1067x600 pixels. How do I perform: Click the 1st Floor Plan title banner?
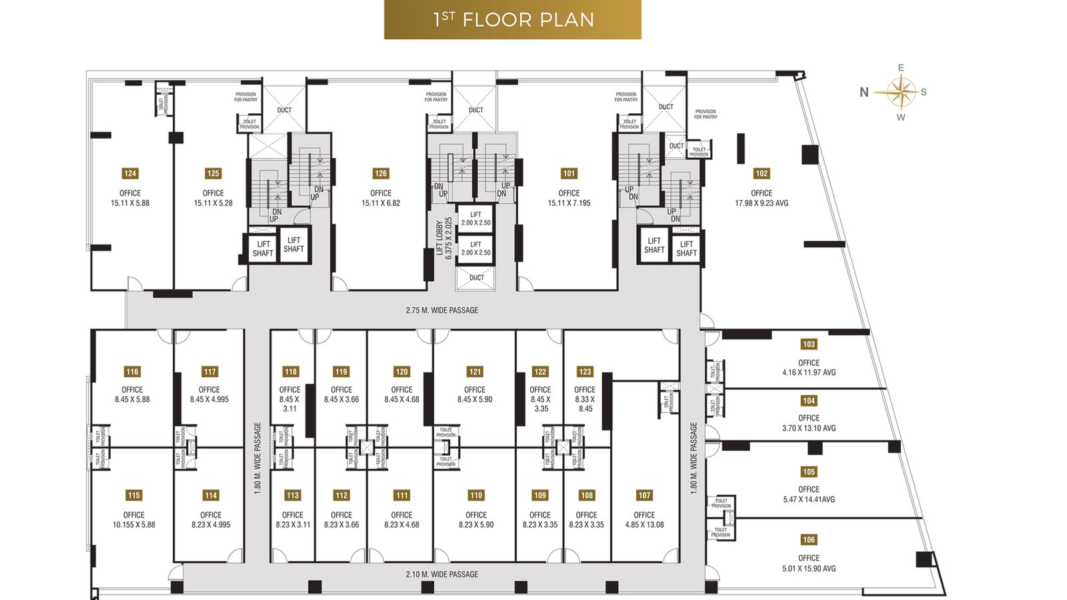[x=512, y=19]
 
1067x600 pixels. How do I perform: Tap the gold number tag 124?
[x=130, y=173]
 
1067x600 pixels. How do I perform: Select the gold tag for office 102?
[x=762, y=173]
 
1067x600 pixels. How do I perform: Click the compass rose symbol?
[x=901, y=92]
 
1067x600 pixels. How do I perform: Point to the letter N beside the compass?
[x=864, y=93]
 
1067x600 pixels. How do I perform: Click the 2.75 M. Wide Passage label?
[x=441, y=310]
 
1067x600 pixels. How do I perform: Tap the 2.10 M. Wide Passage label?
[x=441, y=574]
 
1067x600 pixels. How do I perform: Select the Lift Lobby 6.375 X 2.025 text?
[x=444, y=238]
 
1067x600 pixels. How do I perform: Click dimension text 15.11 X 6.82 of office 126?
[x=381, y=203]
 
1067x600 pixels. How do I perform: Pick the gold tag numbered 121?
[x=475, y=372]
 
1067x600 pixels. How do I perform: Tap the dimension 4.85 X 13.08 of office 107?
[x=644, y=525]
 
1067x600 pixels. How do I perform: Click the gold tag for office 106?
[x=809, y=540]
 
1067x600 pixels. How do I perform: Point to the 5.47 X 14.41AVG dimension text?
[x=809, y=499]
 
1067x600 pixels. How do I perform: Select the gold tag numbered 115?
[x=133, y=495]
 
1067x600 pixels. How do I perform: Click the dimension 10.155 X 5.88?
[x=133, y=525]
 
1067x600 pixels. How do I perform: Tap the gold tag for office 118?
[x=290, y=372]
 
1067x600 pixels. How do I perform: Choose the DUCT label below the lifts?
[x=476, y=277]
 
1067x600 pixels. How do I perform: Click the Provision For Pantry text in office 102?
[x=705, y=114]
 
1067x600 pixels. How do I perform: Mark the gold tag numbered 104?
[x=809, y=401]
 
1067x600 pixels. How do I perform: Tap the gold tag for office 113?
[x=292, y=495]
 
